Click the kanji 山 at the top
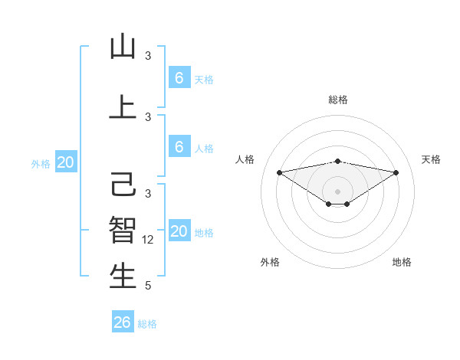coord(123,47)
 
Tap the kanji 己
coord(123,185)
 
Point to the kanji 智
coord(123,229)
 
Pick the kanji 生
coord(123,276)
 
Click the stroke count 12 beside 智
coord(149,240)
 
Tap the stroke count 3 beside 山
coord(148,56)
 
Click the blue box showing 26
coord(123,322)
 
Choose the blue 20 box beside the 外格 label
coord(66,162)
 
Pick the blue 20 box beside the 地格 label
coord(179,231)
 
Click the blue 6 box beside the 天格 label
coord(179,78)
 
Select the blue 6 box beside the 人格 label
coord(179,147)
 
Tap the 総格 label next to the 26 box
coord(147,324)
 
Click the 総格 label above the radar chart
coord(337,100)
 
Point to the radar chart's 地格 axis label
coord(402,263)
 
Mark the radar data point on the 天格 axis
coord(396,172)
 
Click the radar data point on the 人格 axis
coord(279,172)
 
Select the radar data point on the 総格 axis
coord(337,161)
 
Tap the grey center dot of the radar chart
coord(337,190)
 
